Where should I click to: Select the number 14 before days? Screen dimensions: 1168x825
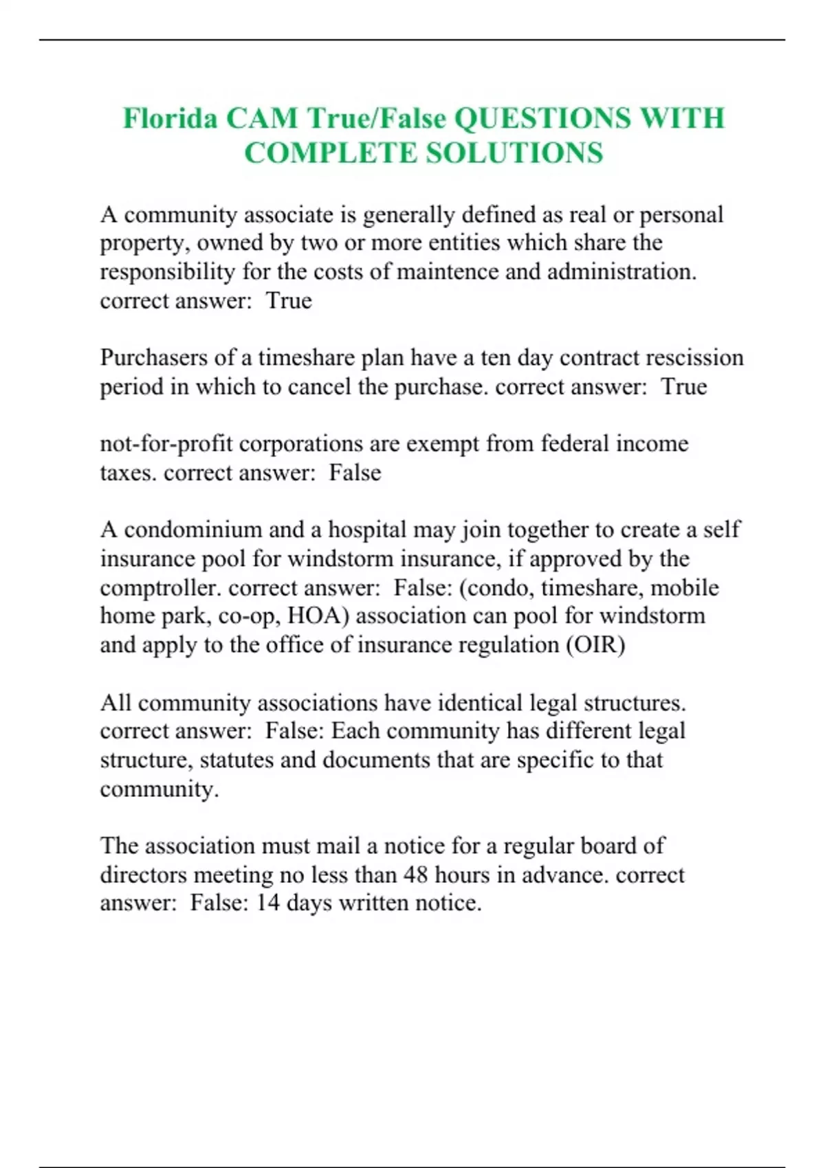tap(267, 903)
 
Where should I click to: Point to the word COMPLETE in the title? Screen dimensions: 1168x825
tap(330, 153)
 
